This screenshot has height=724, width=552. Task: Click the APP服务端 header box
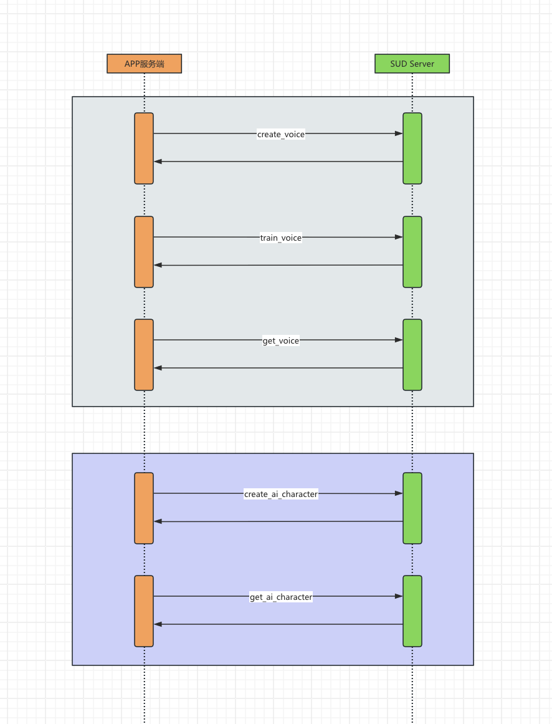(x=144, y=64)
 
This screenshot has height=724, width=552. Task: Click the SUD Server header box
(x=412, y=64)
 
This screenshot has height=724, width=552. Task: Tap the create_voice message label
(x=281, y=134)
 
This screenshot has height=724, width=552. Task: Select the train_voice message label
(x=281, y=238)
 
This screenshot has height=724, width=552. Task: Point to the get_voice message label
(x=281, y=340)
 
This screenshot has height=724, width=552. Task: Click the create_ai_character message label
(x=281, y=494)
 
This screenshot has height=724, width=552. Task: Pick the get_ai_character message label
(x=281, y=597)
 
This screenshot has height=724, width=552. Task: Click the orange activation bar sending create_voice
(x=144, y=148)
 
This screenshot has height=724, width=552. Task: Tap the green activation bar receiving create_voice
(x=412, y=148)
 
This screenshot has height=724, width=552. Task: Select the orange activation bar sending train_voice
(x=144, y=252)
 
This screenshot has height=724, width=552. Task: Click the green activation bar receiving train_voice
(x=412, y=252)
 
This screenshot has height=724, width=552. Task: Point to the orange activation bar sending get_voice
(x=144, y=355)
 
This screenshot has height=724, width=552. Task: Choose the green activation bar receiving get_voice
(x=412, y=355)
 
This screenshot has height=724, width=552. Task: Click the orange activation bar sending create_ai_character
(x=144, y=508)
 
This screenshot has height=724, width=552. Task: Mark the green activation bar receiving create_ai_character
(x=412, y=508)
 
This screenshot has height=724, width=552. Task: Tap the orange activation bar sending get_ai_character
(x=144, y=611)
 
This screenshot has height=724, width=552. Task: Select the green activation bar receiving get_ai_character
(x=412, y=611)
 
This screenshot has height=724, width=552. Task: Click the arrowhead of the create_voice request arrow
(x=399, y=133)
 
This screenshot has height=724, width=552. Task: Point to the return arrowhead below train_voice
(x=158, y=266)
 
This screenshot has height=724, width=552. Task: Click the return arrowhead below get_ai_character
(x=158, y=624)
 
